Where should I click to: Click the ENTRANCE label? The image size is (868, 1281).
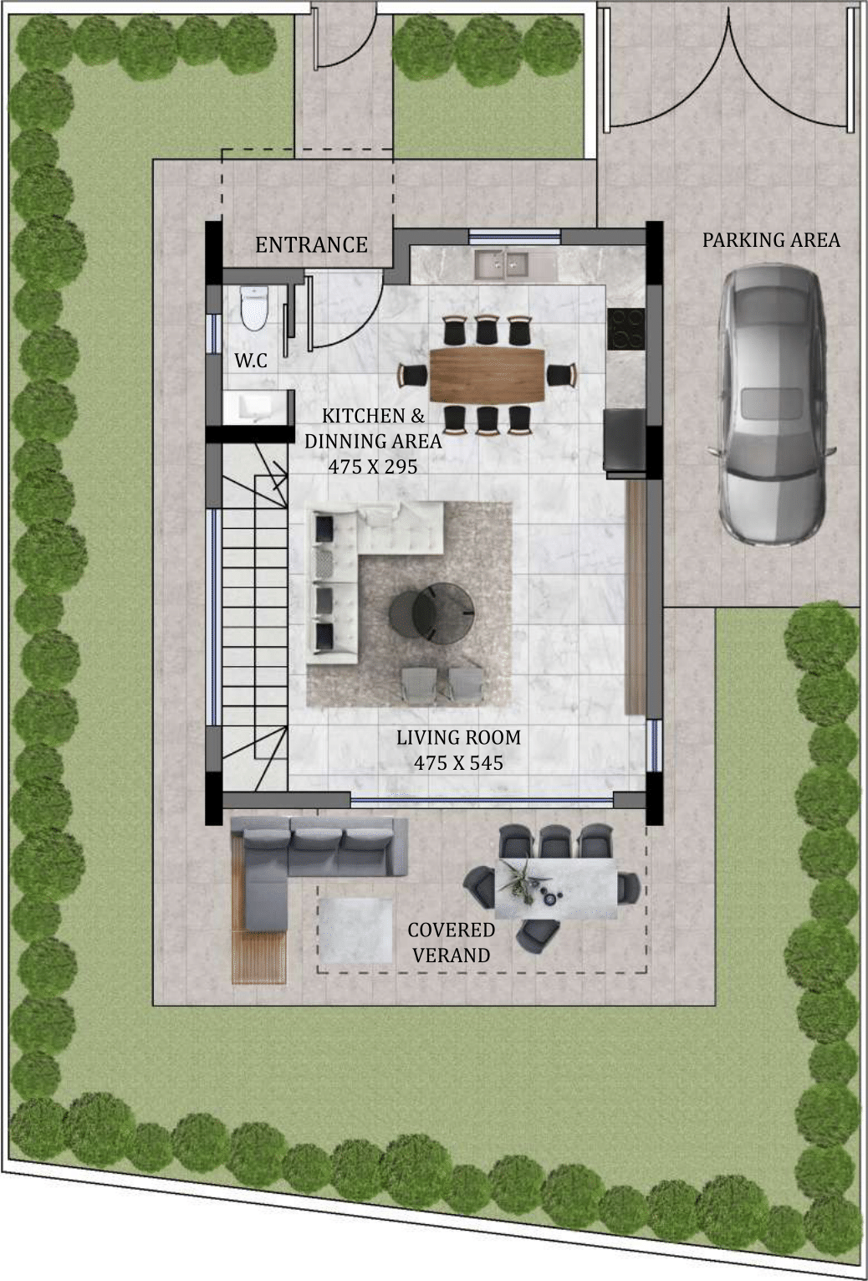(x=311, y=245)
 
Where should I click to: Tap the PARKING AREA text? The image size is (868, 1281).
(x=771, y=240)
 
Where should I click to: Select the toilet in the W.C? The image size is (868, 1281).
(x=253, y=308)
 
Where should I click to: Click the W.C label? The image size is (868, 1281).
(x=251, y=361)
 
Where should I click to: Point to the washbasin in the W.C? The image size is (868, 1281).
(x=255, y=407)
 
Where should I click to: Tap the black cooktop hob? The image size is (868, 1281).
(x=625, y=330)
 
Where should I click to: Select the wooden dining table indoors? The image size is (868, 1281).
(x=487, y=375)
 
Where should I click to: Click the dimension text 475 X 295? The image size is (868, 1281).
(x=373, y=467)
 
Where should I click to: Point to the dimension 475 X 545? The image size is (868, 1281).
(x=458, y=763)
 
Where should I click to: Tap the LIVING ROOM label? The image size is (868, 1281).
(x=458, y=738)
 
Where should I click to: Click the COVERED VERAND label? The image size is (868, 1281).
(x=451, y=942)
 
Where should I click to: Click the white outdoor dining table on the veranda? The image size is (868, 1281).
(x=555, y=889)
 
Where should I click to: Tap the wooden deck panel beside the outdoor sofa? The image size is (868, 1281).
(x=259, y=956)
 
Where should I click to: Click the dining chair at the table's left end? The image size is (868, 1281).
(x=413, y=375)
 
